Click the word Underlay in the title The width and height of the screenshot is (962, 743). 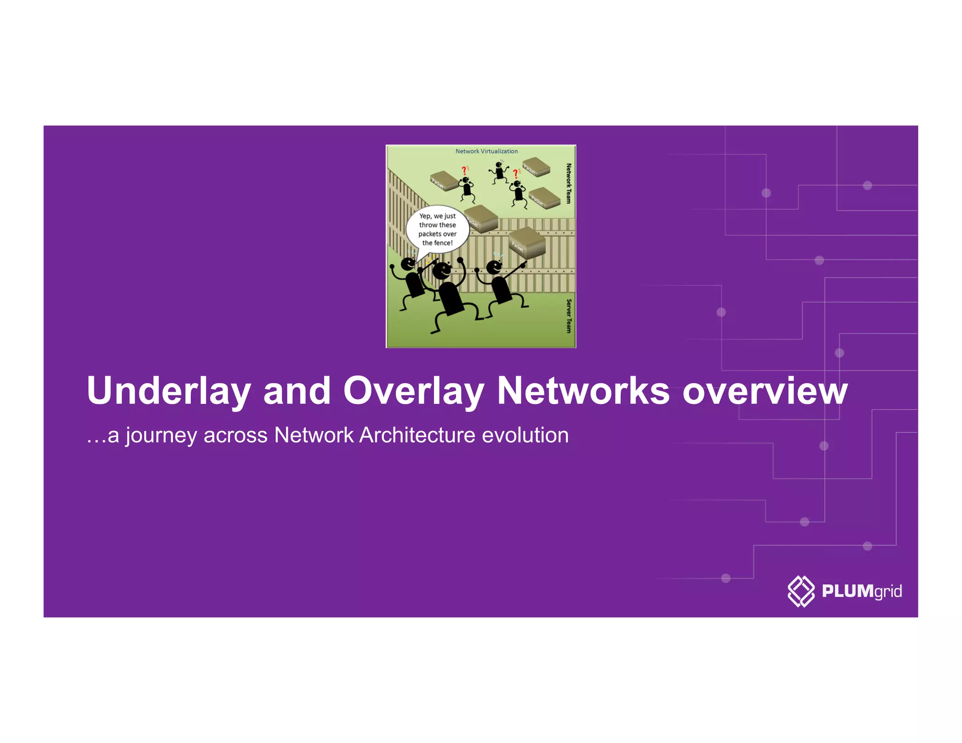click(168, 391)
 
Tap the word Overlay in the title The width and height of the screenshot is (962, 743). click(413, 391)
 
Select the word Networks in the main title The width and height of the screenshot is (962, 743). click(583, 391)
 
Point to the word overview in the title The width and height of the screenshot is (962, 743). click(765, 391)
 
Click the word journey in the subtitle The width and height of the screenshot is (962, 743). click(161, 435)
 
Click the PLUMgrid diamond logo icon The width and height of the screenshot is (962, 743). click(801, 591)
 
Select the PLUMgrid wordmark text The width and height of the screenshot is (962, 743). click(861, 591)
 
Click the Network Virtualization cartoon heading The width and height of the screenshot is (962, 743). click(486, 151)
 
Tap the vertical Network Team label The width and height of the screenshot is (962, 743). click(569, 183)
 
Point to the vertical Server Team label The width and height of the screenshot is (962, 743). click(569, 316)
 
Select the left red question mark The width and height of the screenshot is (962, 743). click(464, 170)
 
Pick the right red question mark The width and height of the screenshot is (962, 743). click(515, 173)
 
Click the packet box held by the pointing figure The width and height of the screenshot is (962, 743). click(528, 241)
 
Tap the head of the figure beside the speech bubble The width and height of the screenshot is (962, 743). click(408, 264)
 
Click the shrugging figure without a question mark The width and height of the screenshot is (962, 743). click(499, 172)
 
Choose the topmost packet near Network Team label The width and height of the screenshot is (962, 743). click(536, 167)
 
